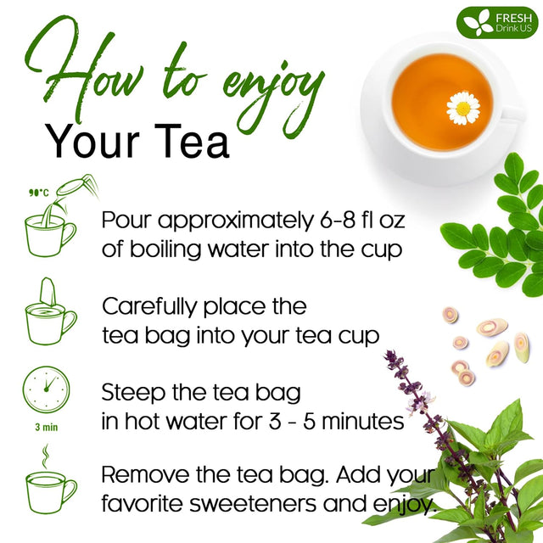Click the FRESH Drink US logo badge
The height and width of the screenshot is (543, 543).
pyautogui.click(x=497, y=23)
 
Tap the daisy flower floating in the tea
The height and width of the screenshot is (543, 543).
pyautogui.click(x=463, y=109)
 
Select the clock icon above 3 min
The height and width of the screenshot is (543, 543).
pyautogui.click(x=47, y=389)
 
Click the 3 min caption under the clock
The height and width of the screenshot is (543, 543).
pyautogui.click(x=46, y=427)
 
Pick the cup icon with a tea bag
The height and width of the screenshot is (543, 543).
pyautogui.click(x=50, y=311)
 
